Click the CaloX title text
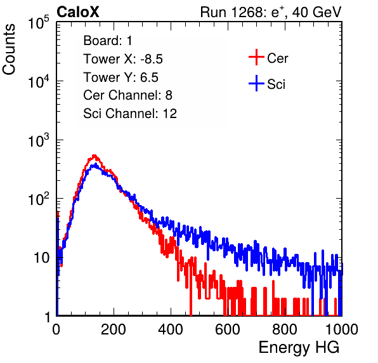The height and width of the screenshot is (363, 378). pos(78,11)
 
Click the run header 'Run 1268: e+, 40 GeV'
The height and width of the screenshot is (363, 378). pos(271,12)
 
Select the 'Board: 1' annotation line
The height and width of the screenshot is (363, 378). pos(108,41)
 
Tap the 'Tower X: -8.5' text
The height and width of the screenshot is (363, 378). pos(123,59)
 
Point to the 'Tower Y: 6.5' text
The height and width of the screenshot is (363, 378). pos(121,77)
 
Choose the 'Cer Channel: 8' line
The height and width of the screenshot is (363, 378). pos(127,95)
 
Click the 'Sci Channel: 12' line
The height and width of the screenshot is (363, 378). pos(130,114)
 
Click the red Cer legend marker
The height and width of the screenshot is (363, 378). pos(256,57)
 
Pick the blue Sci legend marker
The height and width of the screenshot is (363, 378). pos(256,84)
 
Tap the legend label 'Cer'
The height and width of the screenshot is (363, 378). pos(277,58)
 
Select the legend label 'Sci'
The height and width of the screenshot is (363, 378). pos(277,84)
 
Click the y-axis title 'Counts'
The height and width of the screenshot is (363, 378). pos(9,49)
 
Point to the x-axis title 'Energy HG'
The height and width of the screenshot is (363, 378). pos(299,347)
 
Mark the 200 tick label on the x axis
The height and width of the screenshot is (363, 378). pos(114,329)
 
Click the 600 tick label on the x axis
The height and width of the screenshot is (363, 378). pos(228,329)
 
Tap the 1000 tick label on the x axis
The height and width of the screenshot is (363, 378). pos(341,329)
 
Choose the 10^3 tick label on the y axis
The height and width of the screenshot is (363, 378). pos(39,140)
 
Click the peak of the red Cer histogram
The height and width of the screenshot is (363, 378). pos(94,155)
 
